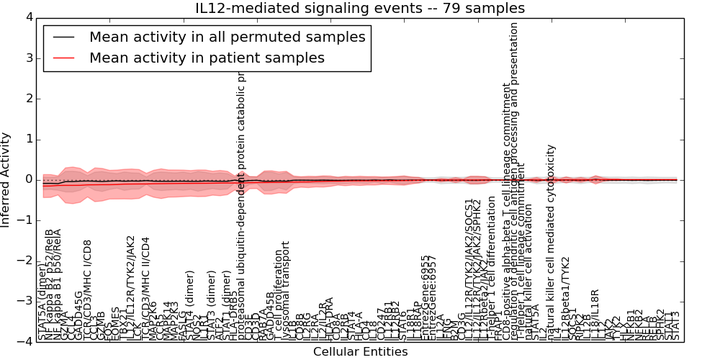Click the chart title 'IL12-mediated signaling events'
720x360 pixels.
[360, 9]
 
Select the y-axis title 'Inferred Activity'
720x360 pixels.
[6, 179]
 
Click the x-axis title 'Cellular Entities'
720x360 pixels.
[360, 352]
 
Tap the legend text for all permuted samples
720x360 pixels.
[227, 37]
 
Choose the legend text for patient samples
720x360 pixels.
[207, 58]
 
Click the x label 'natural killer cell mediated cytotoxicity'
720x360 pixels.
[551, 241]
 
